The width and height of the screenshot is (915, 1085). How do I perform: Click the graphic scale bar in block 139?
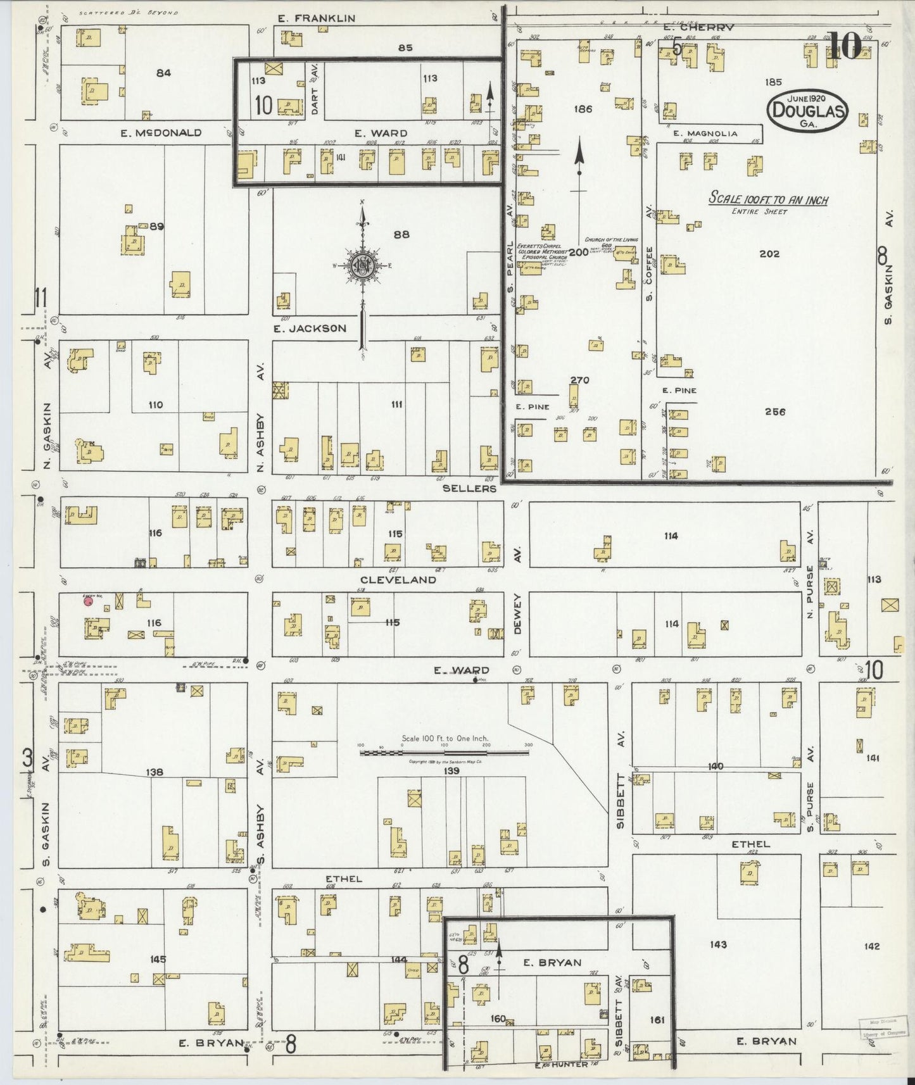(445, 753)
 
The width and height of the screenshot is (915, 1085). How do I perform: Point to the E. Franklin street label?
(317, 19)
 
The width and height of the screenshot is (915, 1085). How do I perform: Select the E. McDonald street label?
(161, 133)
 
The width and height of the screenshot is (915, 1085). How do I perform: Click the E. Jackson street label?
(310, 328)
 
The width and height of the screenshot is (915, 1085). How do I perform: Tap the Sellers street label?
(469, 489)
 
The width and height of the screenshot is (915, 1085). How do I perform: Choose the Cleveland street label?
(398, 579)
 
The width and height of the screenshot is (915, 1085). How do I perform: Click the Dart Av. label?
(315, 92)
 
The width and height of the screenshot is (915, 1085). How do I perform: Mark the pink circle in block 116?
(89, 601)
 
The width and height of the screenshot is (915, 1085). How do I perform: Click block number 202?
(769, 254)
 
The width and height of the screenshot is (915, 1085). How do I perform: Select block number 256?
(774, 411)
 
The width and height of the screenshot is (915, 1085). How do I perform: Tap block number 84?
(163, 73)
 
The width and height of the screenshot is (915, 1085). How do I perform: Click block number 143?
(718, 944)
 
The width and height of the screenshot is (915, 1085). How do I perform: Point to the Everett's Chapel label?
(538, 252)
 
